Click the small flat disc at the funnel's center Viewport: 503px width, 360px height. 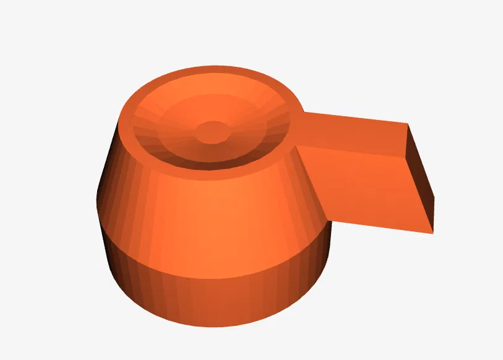[x=212, y=132]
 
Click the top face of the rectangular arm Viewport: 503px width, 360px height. [x=353, y=131]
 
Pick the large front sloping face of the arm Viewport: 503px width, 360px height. [x=365, y=186]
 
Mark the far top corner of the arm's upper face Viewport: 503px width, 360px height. [x=407, y=124]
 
